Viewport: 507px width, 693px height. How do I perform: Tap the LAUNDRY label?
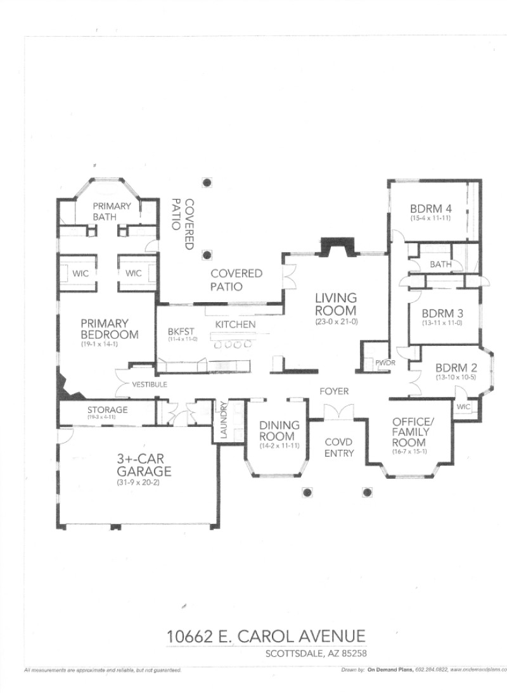point(223,421)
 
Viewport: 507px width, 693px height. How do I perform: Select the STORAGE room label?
point(107,410)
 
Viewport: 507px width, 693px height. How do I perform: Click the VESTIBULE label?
point(150,385)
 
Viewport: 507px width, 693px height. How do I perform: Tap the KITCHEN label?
point(235,324)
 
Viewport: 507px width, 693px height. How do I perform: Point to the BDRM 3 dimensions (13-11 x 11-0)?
point(443,322)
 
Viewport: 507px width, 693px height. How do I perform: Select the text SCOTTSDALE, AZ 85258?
point(318,653)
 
